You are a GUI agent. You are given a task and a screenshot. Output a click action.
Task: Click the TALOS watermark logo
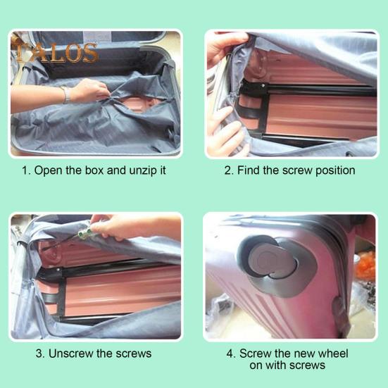[x=54, y=51]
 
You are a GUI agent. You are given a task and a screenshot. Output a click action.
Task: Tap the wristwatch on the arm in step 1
[x=65, y=94]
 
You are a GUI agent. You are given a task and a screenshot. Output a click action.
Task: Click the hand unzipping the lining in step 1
[x=92, y=89]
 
